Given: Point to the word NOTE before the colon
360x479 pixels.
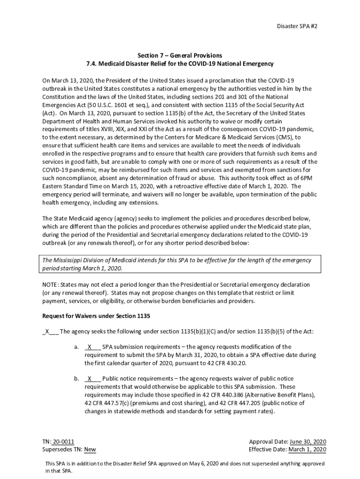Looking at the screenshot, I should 50,285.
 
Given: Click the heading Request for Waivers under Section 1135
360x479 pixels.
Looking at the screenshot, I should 96,316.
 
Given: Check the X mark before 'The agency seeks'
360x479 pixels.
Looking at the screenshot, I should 47,331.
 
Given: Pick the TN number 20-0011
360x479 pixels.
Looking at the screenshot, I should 63,442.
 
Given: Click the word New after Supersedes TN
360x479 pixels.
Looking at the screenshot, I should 90,450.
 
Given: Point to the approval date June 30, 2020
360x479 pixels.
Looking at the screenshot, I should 308,442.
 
